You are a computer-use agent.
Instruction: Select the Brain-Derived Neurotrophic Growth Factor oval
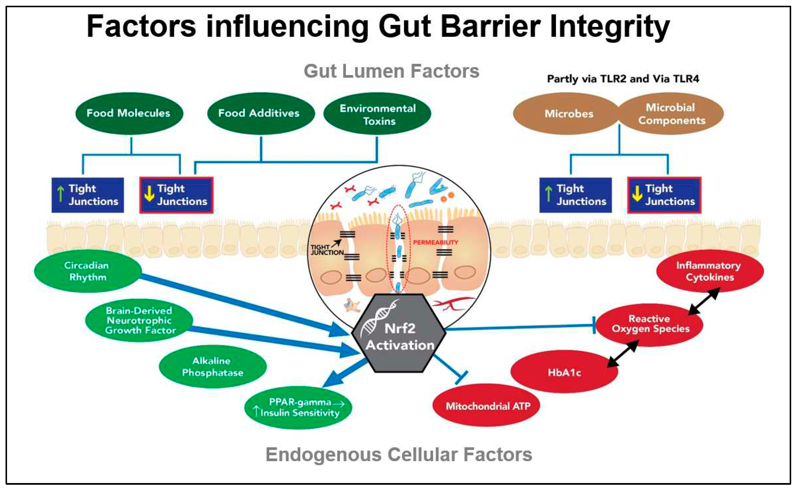[139, 320]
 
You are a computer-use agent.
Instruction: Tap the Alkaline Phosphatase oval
[213, 366]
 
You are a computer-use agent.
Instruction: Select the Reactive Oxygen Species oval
[650, 324]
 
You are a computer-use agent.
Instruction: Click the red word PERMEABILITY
[435, 242]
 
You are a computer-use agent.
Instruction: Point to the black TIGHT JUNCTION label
[326, 250]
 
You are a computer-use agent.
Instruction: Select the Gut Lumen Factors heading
[391, 71]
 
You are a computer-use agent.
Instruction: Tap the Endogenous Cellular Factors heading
[399, 454]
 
